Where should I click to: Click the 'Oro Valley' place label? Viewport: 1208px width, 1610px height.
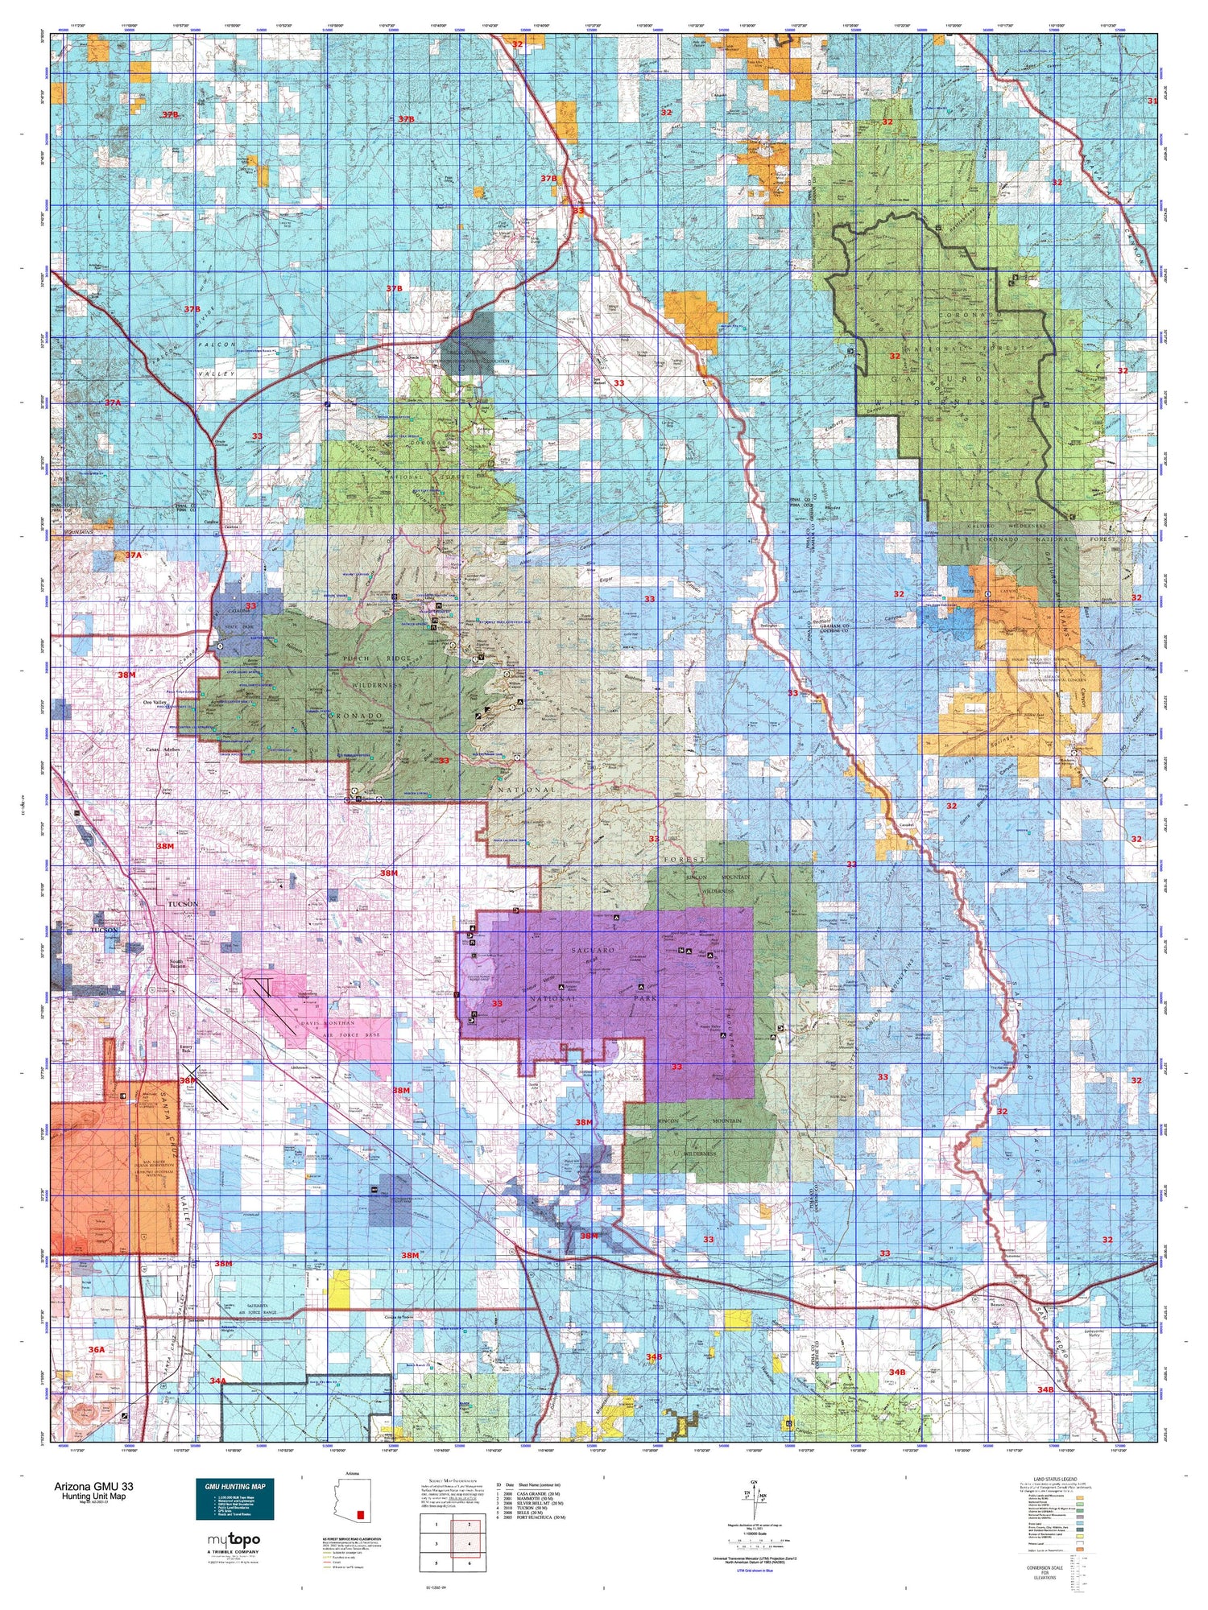pos(159,703)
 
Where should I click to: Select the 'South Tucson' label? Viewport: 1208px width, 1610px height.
pos(178,965)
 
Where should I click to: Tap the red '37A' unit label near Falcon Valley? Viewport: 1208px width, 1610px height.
pos(112,402)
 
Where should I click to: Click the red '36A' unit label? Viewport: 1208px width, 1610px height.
pos(97,1348)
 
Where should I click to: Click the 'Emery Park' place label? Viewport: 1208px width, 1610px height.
pos(186,1050)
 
